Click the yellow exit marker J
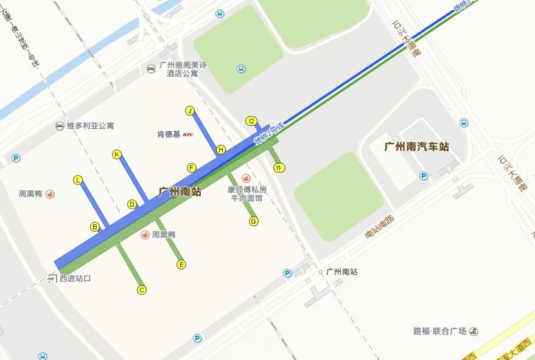coord(190,111)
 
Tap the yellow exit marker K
coord(117,154)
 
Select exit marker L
coord(78,180)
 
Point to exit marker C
coord(142,290)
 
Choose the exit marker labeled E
coord(181,265)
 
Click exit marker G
coord(254,221)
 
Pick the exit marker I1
coord(279,167)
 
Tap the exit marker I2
coord(251,121)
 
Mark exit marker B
coord(95,227)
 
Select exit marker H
coord(221,150)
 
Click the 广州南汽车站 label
coord(417,147)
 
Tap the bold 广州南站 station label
coord(180,192)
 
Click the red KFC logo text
coord(188,134)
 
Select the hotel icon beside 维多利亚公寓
coord(59,126)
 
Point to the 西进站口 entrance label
coord(75,279)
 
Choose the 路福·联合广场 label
coord(439,331)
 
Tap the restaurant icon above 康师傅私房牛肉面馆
coord(246,178)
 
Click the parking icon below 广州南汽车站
coord(424,176)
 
